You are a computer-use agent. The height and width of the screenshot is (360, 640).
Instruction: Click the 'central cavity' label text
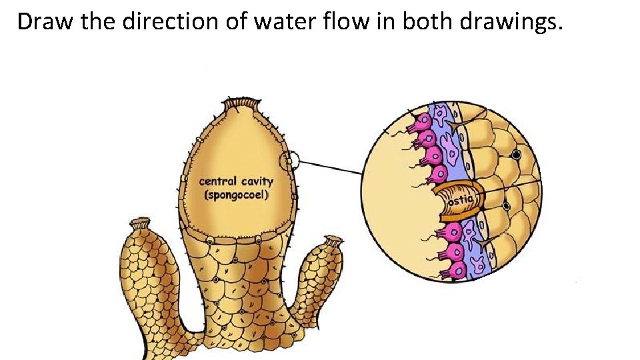(236, 181)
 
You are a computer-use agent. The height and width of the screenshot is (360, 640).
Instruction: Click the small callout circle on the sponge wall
(290, 161)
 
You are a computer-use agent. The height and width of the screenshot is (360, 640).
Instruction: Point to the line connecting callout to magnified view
(330, 167)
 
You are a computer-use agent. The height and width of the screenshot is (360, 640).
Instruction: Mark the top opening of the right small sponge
(331, 241)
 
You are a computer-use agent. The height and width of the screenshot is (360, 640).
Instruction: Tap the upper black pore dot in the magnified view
(515, 155)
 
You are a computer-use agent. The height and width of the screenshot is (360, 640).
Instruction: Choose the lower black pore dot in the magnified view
(507, 206)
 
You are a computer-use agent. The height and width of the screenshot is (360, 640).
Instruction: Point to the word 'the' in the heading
(96, 21)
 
